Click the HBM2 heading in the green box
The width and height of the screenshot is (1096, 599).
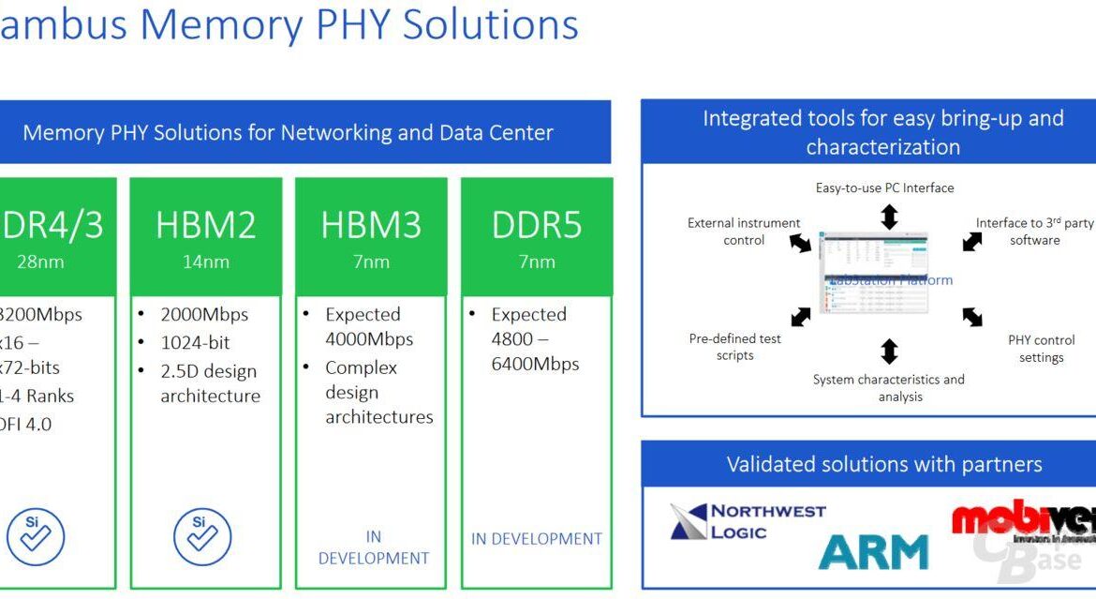[206, 225]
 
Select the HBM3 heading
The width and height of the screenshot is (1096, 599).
[371, 225]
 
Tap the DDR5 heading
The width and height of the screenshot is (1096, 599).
[537, 225]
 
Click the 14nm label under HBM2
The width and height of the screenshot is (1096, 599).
[206, 262]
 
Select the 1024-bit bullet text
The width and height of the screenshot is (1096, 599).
[195, 343]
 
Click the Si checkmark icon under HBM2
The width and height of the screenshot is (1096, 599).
[202, 536]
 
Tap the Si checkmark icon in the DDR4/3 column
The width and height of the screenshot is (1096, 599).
[36, 536]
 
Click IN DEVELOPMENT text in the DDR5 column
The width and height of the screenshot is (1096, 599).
[537, 539]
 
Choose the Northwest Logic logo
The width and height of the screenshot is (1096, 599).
[748, 522]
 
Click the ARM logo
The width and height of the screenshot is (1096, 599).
[873, 551]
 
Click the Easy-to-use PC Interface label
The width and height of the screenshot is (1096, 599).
[884, 187]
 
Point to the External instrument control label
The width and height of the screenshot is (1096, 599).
[744, 232]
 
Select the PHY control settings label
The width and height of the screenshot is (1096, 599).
[1041, 349]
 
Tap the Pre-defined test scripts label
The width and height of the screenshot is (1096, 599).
[734, 347]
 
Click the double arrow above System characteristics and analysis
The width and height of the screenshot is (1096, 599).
[889, 352]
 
